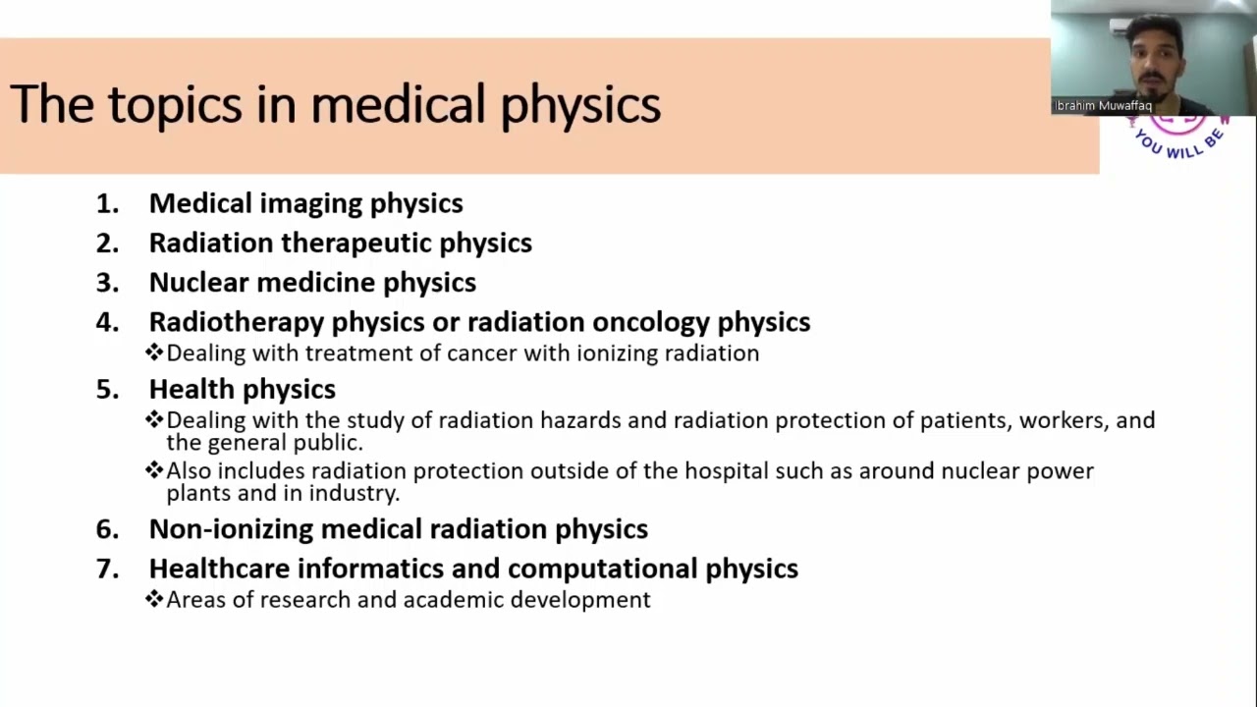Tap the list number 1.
[107, 203]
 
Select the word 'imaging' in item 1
[310, 203]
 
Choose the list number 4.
[107, 322]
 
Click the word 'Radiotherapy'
[236, 322]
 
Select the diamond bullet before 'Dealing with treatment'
[154, 353]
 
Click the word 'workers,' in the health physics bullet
[1063, 421]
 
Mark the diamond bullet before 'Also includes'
[154, 470]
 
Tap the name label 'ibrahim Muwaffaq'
[1103, 106]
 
